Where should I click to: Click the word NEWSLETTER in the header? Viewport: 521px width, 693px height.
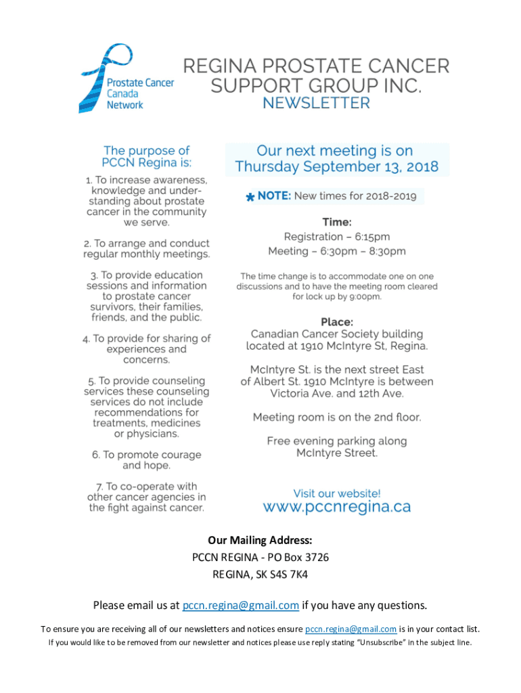click(316, 104)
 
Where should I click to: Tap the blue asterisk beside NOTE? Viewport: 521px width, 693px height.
click(250, 198)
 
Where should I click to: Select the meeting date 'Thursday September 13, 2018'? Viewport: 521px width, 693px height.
click(336, 166)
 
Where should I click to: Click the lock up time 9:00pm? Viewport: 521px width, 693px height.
click(365, 296)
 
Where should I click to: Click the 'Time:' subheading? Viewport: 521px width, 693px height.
click(337, 222)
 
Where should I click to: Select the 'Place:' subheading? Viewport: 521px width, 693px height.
click(337, 322)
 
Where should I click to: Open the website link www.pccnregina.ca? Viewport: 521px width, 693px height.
click(336, 506)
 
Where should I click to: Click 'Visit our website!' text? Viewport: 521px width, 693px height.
click(336, 493)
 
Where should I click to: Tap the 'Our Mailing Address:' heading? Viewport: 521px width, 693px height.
click(260, 540)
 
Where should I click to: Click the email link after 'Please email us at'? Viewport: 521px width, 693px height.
click(241, 605)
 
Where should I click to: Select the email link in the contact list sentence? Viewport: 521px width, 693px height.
click(350, 629)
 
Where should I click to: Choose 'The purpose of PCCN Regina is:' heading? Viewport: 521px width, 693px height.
click(146, 156)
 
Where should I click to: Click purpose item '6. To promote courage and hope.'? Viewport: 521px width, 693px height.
click(146, 460)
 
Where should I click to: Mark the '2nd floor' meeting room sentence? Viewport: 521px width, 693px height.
click(336, 417)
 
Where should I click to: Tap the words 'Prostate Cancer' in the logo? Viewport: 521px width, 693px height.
click(141, 83)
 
